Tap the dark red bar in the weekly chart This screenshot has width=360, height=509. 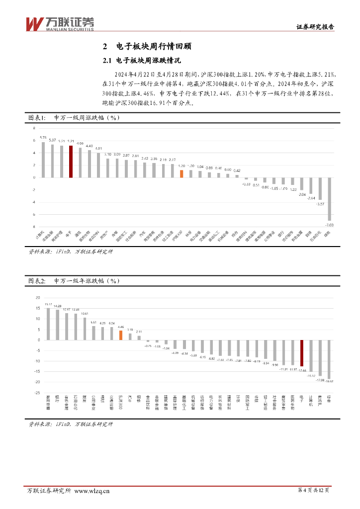click(71, 161)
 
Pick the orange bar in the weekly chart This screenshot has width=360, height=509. click(181, 173)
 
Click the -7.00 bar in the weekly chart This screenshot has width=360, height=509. click(329, 199)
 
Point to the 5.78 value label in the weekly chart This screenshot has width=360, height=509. click(43, 138)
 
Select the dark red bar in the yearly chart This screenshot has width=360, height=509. click(302, 353)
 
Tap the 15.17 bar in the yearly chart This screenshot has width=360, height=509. click(48, 324)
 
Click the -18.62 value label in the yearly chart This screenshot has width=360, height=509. click(329, 382)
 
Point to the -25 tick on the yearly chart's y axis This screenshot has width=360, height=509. click(36, 393)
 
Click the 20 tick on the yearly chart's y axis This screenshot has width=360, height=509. click(37, 297)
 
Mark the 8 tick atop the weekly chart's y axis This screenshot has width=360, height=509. click(34, 128)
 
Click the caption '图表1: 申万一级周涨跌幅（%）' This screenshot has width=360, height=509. click(74, 118)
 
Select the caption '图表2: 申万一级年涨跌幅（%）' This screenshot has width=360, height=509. click(74, 281)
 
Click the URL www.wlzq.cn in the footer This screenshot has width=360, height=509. click(91, 491)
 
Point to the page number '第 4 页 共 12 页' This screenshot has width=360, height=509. click(313, 491)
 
